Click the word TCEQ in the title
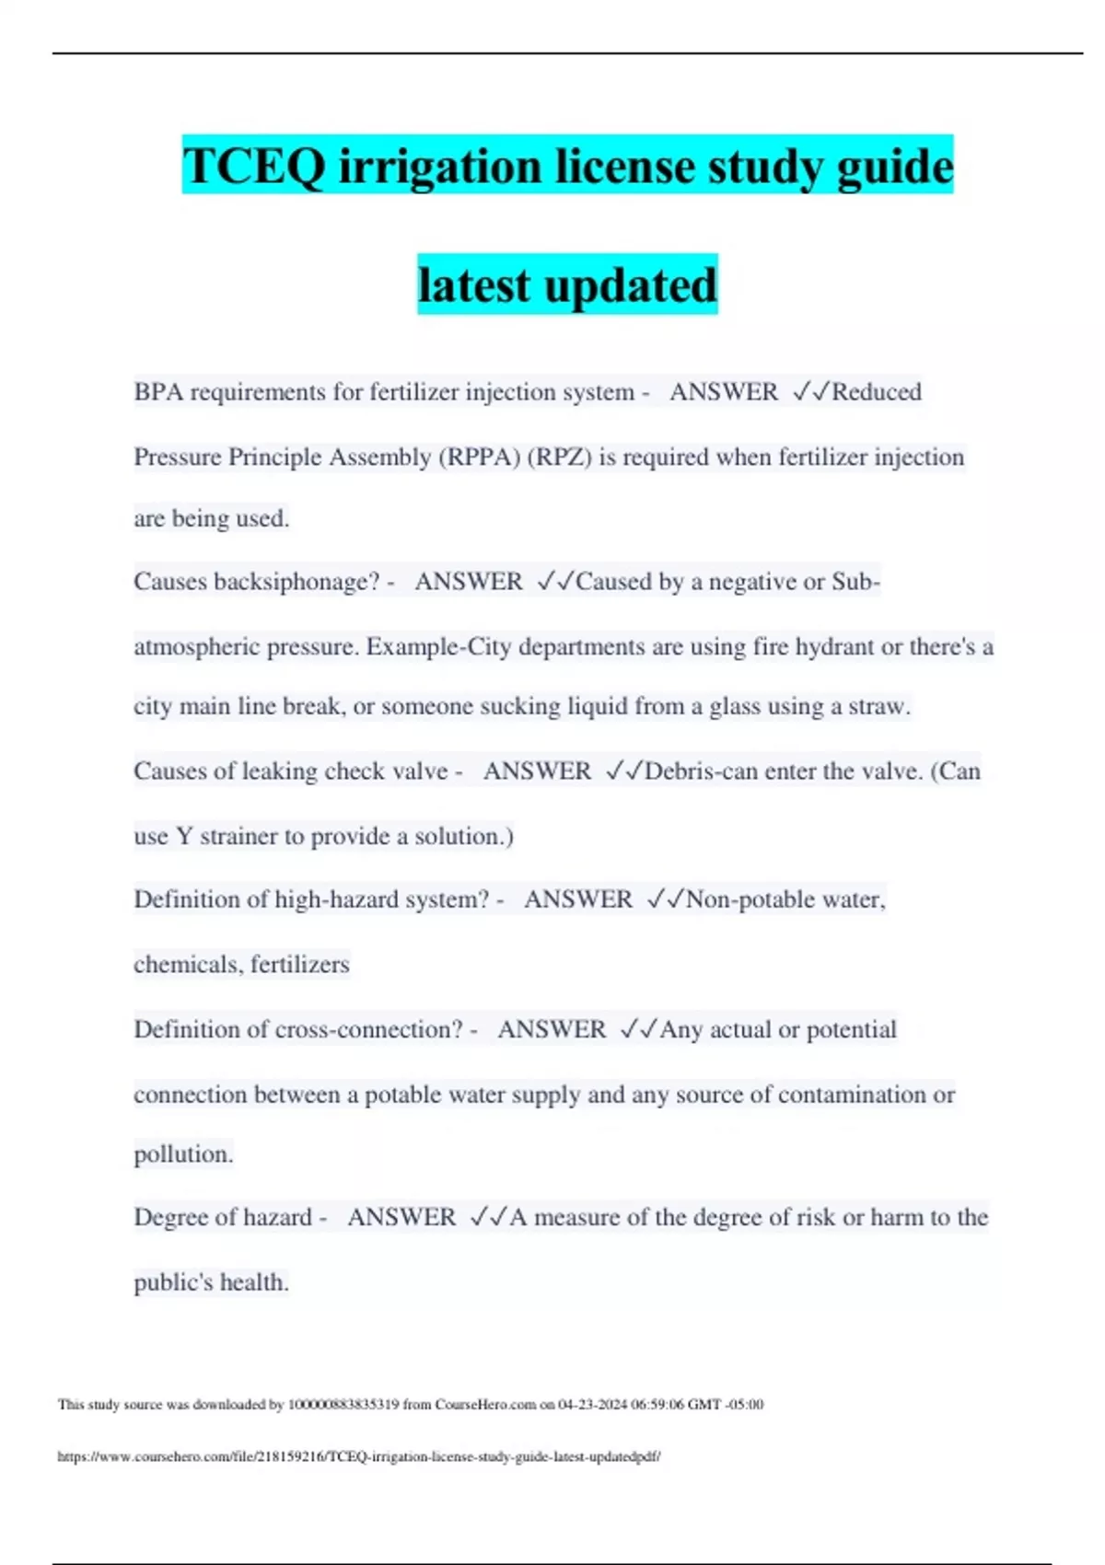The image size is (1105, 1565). coord(253,167)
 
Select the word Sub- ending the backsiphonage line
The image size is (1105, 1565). coord(855,582)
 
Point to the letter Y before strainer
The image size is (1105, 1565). coord(184,837)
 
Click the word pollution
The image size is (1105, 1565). coord(183,1154)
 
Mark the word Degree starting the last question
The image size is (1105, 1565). coord(170,1218)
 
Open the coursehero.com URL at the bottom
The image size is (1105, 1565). coord(359,1457)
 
